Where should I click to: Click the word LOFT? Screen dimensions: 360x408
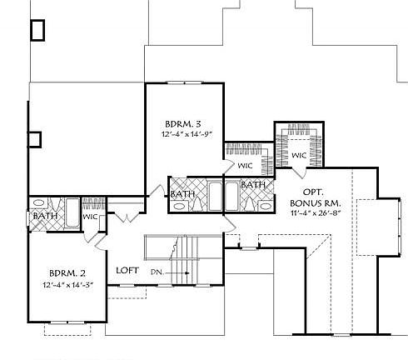click(127, 270)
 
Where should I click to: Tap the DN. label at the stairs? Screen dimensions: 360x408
click(157, 272)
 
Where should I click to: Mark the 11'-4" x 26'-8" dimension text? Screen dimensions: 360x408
click(316, 214)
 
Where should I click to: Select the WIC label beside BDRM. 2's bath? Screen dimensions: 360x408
click(91, 217)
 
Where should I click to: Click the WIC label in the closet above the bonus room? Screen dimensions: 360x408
click(297, 156)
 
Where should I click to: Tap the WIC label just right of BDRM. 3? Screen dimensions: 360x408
click(246, 165)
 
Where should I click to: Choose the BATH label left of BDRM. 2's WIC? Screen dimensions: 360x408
click(42, 217)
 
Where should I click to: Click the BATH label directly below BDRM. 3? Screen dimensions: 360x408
click(183, 195)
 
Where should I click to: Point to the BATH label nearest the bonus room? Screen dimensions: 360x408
click(253, 184)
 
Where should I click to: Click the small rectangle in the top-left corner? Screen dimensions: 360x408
click(37, 30)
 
